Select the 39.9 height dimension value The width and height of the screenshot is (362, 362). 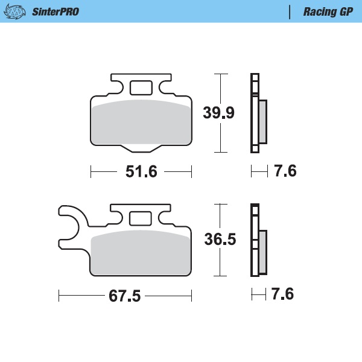coord(219,113)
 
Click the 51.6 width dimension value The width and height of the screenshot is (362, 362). coord(141,172)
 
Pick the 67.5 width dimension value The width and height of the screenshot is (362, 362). coord(125,296)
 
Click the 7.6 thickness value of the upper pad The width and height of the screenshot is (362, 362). coord(285,172)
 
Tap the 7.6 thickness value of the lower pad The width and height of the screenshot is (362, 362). coord(282,295)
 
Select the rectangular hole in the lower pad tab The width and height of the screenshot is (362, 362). coord(141,218)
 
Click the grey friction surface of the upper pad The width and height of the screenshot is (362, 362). coord(140,122)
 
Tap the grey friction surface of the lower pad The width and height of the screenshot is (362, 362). coord(140,253)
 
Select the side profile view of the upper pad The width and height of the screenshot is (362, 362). coord(258,113)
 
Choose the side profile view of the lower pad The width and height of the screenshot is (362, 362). coord(258,240)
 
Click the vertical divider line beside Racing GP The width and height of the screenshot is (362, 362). coord(291,11)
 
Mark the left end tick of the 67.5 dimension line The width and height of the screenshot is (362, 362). coord(59,296)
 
